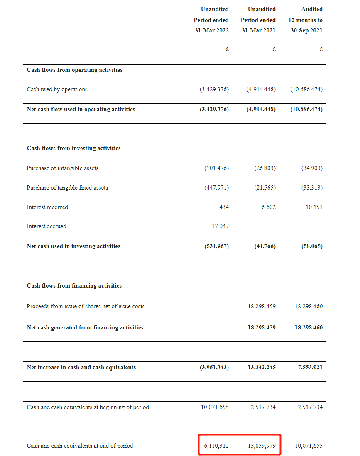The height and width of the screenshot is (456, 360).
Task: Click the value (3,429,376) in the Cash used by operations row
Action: pyautogui.click(x=214, y=90)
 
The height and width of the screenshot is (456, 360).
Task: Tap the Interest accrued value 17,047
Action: pyautogui.click(x=220, y=227)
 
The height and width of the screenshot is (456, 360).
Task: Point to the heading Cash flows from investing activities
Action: pyautogui.click(x=73, y=149)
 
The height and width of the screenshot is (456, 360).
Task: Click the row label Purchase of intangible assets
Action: pyautogui.click(x=62, y=168)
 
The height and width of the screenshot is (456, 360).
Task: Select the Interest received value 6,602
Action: pyautogui.click(x=268, y=207)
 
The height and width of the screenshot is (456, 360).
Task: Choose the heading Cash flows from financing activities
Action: pyautogui.click(x=74, y=286)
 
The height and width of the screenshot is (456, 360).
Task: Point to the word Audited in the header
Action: pyautogui.click(x=312, y=9)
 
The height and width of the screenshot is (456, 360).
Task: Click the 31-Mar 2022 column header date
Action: pyautogui.click(x=211, y=30)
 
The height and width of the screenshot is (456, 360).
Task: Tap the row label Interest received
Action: pyautogui.click(x=47, y=207)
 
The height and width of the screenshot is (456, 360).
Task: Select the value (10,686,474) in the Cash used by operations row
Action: pyautogui.click(x=306, y=90)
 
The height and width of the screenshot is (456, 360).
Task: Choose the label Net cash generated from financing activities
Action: pyautogui.click(x=85, y=328)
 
